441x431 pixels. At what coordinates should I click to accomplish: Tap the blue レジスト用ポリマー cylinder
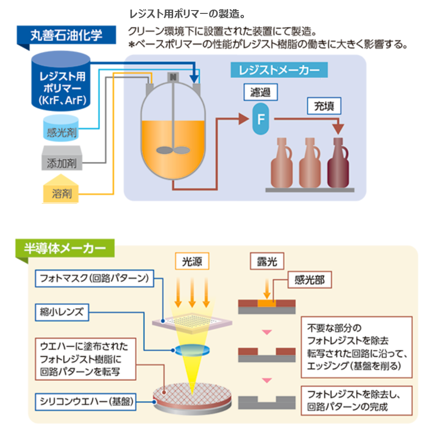click(61, 81)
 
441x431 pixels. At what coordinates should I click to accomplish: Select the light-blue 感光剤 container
click(61, 128)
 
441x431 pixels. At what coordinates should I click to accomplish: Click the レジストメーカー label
click(279, 70)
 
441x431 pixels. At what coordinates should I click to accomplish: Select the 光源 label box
click(192, 262)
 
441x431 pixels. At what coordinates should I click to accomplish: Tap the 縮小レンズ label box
click(62, 313)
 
